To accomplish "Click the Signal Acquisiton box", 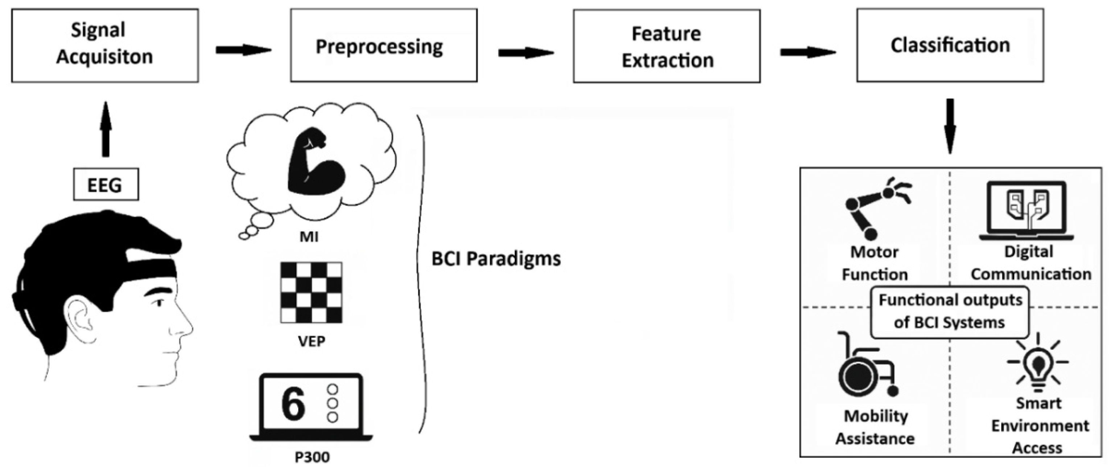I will click(104, 45).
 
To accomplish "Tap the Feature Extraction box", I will click(666, 46).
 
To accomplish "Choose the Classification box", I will click(950, 45).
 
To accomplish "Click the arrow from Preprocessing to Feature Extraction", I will click(525, 53).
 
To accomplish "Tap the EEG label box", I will click(106, 185).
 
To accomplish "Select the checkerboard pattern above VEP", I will click(311, 292).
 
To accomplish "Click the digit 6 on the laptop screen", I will click(293, 404).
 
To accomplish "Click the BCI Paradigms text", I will click(496, 259).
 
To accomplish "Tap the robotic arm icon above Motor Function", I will click(876, 207).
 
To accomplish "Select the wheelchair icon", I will click(865, 367).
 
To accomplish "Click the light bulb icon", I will click(1037, 364).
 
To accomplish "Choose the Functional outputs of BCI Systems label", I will click(950, 311).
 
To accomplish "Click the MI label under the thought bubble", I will click(309, 237).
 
